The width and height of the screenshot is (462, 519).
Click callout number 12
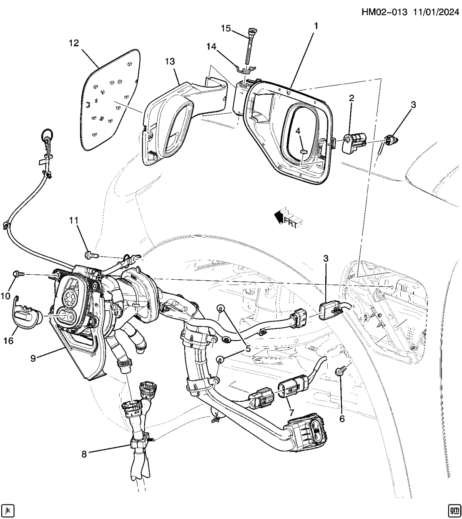click(x=73, y=43)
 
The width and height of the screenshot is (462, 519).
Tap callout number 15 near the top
click(x=226, y=28)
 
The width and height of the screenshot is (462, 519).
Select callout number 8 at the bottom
click(x=84, y=453)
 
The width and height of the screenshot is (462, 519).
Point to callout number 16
click(x=8, y=340)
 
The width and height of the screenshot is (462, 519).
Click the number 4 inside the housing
click(x=298, y=131)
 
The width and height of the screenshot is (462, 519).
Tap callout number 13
click(x=169, y=62)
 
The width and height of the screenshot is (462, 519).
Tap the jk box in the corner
click(x=8, y=510)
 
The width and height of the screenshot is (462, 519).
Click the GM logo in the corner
click(x=453, y=510)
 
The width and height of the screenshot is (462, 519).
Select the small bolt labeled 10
click(x=18, y=273)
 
